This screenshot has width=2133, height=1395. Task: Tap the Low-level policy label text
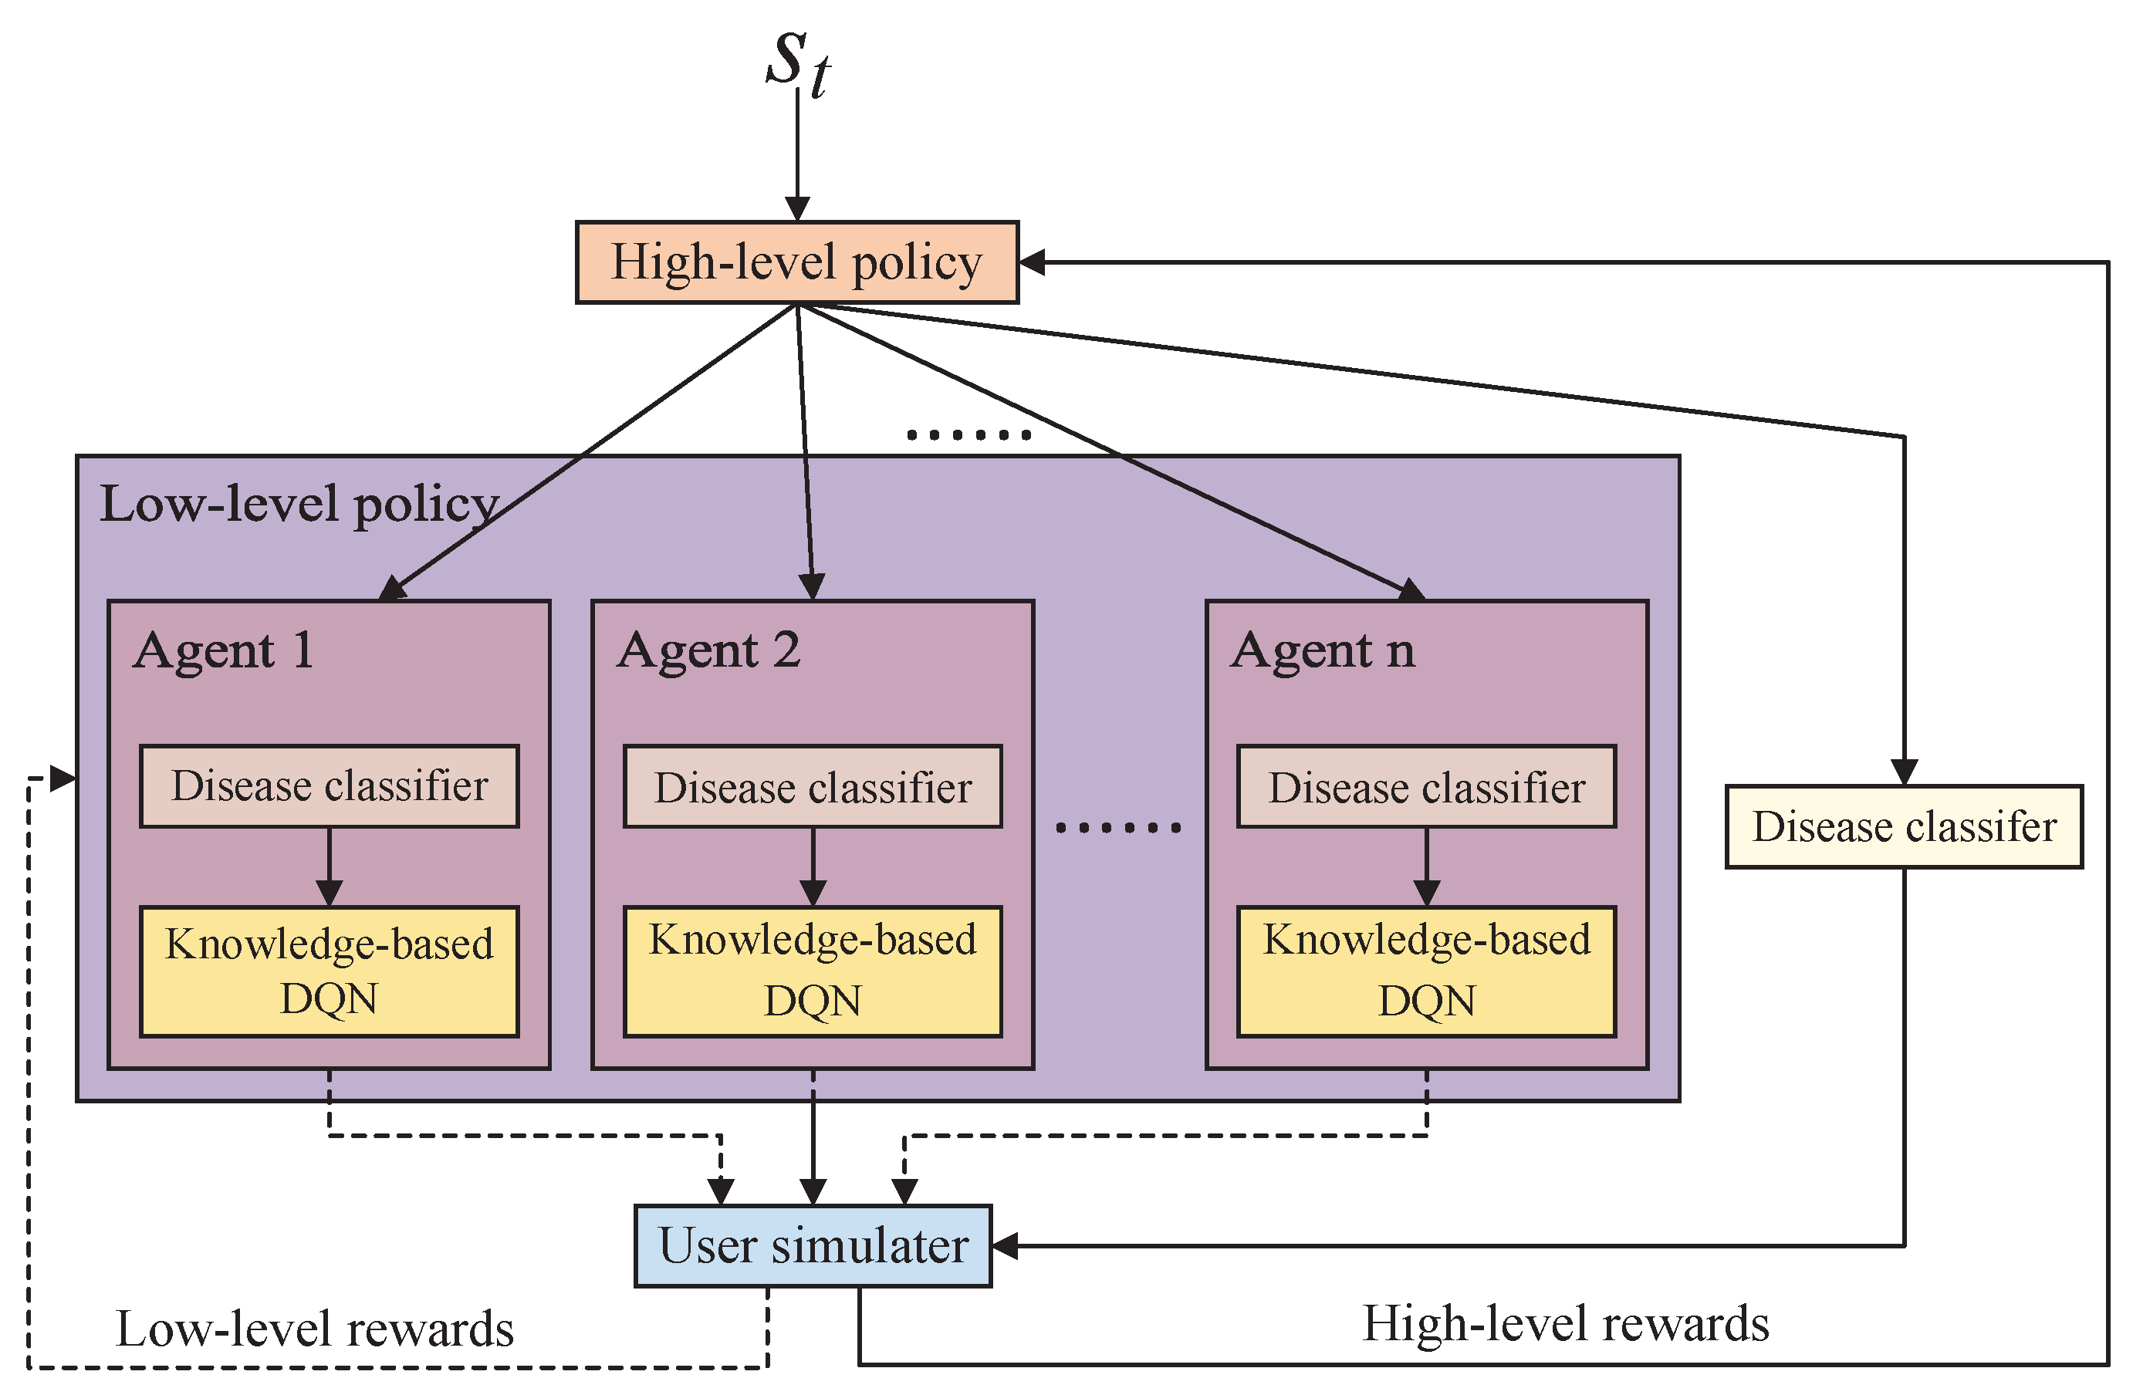[299, 505]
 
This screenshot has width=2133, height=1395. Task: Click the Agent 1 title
[224, 651]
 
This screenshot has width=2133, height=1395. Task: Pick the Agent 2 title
[708, 651]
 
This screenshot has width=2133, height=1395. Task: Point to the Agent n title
[1323, 651]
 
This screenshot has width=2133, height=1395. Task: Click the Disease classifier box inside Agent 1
[329, 785]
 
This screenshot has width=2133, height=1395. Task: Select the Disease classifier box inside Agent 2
[812, 785]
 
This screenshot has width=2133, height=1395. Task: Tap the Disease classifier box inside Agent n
[1426, 785]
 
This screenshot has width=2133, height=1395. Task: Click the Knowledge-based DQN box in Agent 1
[329, 971]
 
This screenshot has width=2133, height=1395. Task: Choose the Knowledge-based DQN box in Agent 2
[812, 971]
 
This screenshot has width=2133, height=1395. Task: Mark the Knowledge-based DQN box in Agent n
[1426, 971]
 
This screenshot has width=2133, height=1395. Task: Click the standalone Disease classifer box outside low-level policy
[1904, 826]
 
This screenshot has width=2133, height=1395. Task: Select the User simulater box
[813, 1245]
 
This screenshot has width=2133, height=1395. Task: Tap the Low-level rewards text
[315, 1329]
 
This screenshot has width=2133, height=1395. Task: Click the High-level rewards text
[1565, 1324]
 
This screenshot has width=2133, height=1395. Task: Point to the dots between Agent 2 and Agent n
[1117, 827]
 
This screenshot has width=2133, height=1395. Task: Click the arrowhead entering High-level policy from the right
[1033, 262]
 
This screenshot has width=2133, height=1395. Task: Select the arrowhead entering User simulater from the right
[1005, 1245]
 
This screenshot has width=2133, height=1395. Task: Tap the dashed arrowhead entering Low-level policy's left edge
[63, 779]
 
